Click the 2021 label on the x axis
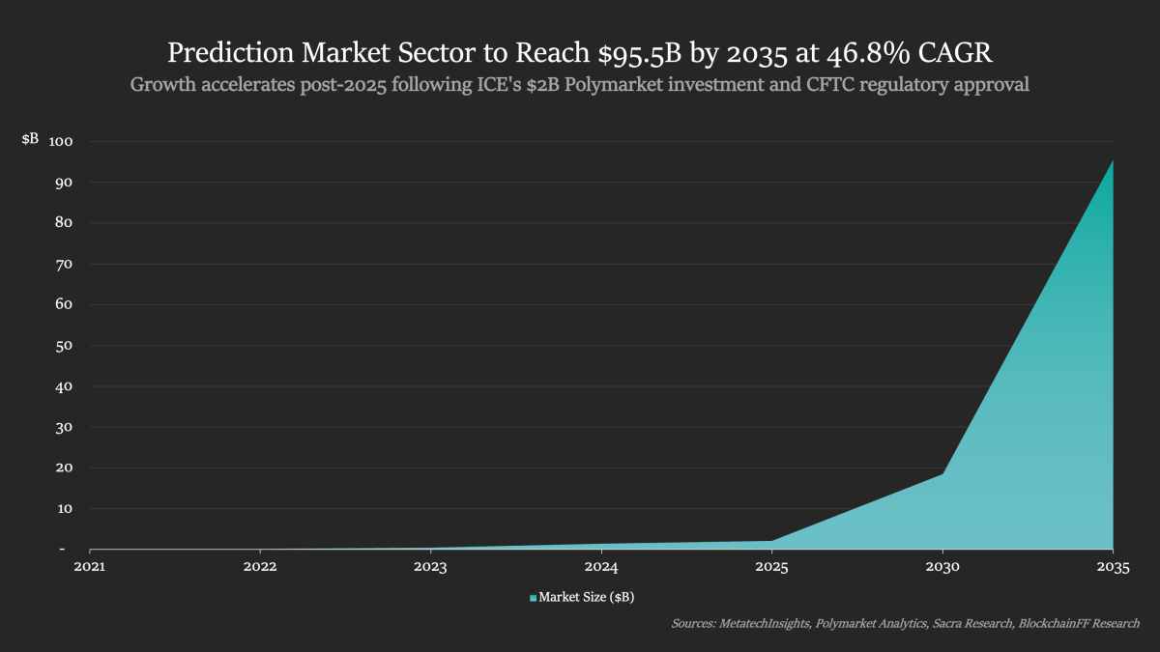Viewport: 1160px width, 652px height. (x=90, y=567)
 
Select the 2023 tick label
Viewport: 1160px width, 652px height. (x=430, y=567)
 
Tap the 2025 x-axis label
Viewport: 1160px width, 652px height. (x=771, y=567)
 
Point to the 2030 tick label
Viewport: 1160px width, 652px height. (x=942, y=567)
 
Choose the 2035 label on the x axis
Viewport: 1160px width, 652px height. (x=1113, y=567)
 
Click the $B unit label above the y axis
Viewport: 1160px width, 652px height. (x=30, y=139)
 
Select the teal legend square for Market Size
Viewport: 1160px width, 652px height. (x=533, y=599)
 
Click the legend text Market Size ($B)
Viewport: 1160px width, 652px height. (x=587, y=598)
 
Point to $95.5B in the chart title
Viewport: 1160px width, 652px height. (x=634, y=51)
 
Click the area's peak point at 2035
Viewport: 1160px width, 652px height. (x=1113, y=160)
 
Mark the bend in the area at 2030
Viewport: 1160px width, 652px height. (x=942, y=473)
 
